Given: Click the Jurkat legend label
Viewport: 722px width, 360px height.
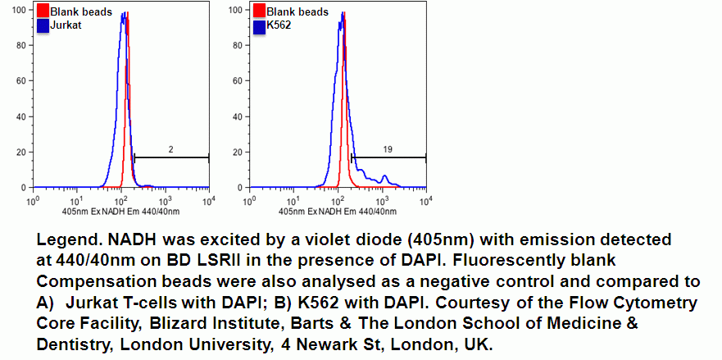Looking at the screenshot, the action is click(66, 25).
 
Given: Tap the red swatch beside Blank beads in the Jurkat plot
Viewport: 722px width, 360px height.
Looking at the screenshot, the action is click(43, 11).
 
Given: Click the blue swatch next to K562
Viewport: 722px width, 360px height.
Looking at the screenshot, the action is click(259, 25).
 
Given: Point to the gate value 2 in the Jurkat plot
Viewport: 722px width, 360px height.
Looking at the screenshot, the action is click(170, 149).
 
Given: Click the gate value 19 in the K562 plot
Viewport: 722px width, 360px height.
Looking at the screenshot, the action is click(388, 149).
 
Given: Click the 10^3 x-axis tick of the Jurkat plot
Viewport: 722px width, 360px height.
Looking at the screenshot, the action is click(165, 200).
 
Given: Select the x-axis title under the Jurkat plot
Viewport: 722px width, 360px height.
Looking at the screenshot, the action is click(120, 212).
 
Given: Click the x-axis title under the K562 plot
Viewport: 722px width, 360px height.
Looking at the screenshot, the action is click(338, 212).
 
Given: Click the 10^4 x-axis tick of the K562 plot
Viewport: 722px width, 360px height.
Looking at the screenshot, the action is click(426, 200).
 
